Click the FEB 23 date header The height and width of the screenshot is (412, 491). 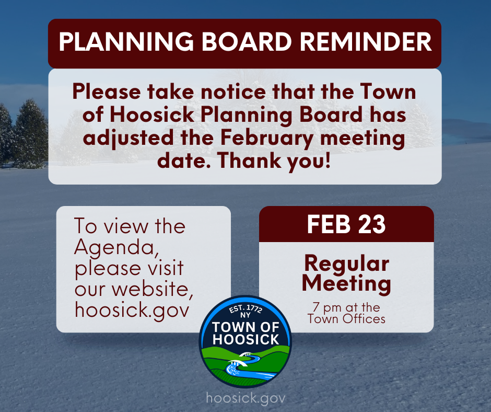[346, 224]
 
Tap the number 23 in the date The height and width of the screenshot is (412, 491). [371, 224]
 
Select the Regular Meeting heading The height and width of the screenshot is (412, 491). [346, 273]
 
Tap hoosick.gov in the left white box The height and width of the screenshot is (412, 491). [132, 310]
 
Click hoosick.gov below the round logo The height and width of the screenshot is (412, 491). [245, 398]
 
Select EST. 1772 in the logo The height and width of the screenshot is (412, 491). [245, 310]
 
